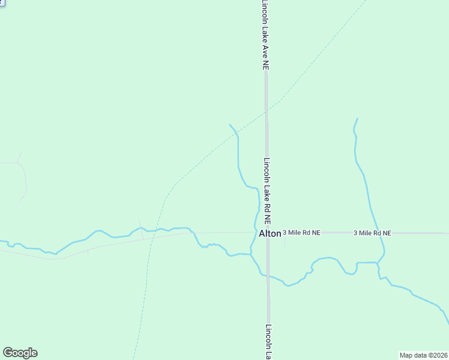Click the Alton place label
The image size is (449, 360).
(270, 233)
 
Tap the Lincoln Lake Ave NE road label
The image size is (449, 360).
(265, 35)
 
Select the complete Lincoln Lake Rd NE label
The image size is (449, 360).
(268, 191)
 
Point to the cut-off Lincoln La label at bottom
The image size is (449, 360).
(268, 342)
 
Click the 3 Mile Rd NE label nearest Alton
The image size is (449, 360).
(301, 232)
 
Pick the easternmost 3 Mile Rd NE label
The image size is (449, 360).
(372, 233)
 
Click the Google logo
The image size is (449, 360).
(20, 353)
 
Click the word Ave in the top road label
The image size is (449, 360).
(265, 51)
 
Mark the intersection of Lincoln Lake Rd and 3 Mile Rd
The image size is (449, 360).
(268, 233)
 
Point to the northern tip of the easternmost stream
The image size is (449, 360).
(357, 119)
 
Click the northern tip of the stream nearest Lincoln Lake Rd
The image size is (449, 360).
(230, 125)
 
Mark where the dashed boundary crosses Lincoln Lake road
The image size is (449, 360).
(267, 110)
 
